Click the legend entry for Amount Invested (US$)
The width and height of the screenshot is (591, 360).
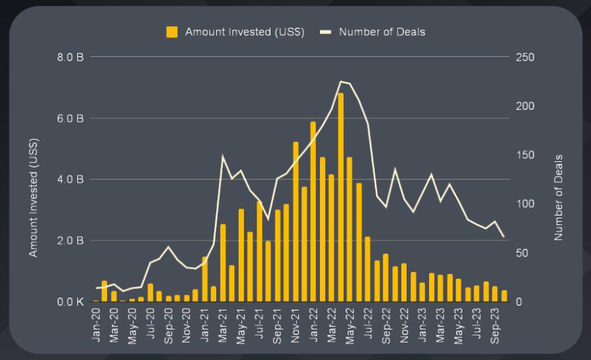(x=236, y=32)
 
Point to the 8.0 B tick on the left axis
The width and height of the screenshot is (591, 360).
(x=71, y=57)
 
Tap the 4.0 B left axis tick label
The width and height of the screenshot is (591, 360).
(x=71, y=179)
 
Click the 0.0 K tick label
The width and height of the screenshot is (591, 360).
(x=71, y=302)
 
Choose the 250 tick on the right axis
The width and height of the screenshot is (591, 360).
(x=525, y=57)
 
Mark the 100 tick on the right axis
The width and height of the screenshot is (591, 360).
(x=525, y=204)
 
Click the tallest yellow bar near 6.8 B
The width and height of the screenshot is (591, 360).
(x=341, y=197)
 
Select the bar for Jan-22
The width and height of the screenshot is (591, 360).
(x=314, y=212)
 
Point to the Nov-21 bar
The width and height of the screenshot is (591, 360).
(x=295, y=222)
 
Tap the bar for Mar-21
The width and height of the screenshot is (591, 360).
(x=223, y=263)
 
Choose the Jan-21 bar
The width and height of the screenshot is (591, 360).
(x=205, y=279)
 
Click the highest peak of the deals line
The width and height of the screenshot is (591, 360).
(x=341, y=81)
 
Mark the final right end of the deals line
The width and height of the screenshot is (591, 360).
(x=504, y=237)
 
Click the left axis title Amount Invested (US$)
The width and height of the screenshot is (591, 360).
(x=33, y=198)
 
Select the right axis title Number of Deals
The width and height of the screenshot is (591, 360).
(x=558, y=198)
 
